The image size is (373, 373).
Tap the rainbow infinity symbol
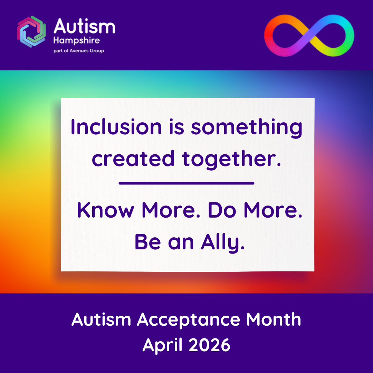pos(309,36)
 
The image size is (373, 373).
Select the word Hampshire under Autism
pos(77,41)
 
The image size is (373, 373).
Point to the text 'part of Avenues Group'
pos(79,51)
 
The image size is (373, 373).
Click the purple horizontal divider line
pos(186,183)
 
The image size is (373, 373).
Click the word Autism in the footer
pos(102,320)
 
